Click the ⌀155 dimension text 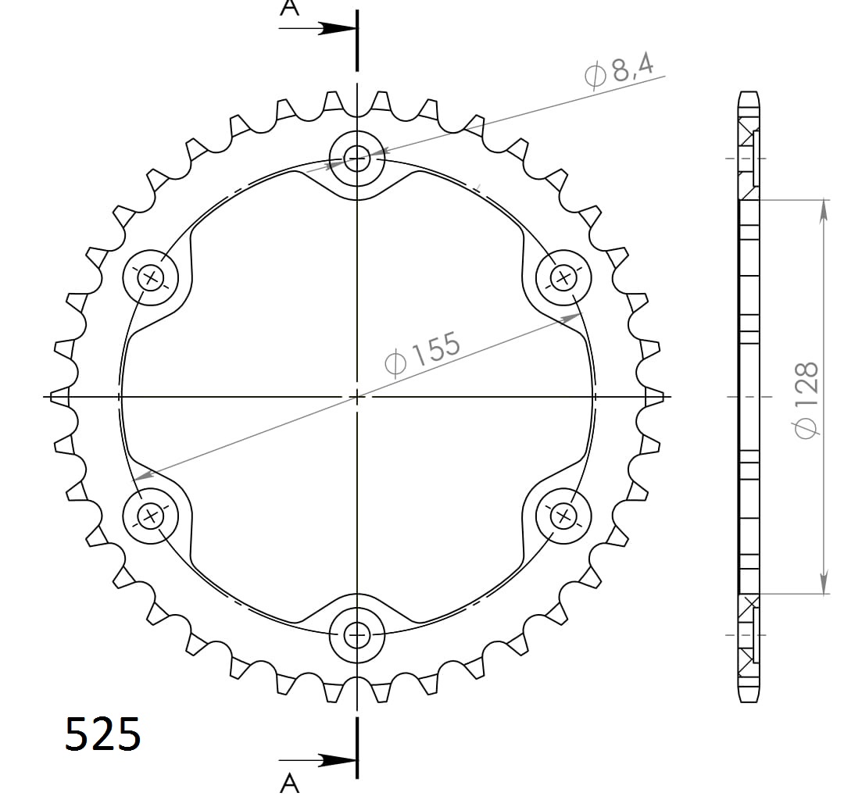[423, 353]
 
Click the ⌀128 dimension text [806, 398]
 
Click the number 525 [103, 734]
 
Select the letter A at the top [290, 9]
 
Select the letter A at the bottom [290, 782]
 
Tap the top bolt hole [357, 159]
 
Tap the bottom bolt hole [357, 635]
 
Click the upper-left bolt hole [152, 277]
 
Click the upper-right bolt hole [563, 277]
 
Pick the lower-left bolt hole [152, 516]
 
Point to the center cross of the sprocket [357, 397]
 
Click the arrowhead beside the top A [336, 28]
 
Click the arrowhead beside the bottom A [336, 759]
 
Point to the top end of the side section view [748, 94]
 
